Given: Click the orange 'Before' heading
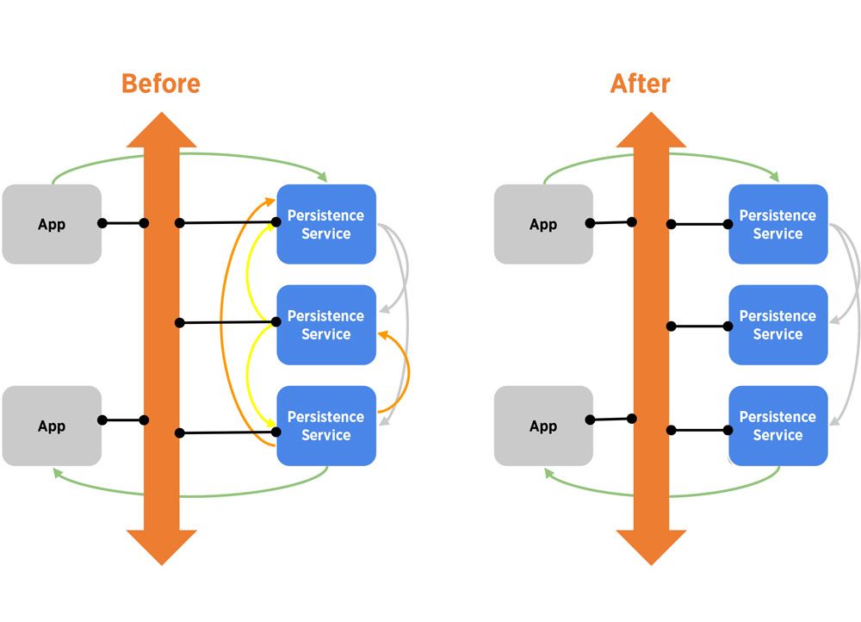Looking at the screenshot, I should click(x=161, y=84).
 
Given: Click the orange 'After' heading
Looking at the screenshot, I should click(x=640, y=84).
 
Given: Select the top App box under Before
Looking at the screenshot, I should click(x=52, y=224).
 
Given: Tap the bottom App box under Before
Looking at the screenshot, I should click(x=52, y=426).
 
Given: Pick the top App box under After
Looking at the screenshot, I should click(x=543, y=224).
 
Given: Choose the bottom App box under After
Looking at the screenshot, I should click(x=543, y=426).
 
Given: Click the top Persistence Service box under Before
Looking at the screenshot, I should click(x=326, y=224).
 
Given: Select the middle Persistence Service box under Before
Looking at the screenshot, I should click(x=326, y=325).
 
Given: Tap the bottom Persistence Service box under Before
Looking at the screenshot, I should click(x=326, y=426).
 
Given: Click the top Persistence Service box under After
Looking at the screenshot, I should click(x=777, y=224).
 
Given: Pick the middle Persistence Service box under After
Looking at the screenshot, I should click(x=777, y=325).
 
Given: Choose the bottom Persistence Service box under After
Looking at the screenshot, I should click(x=777, y=426).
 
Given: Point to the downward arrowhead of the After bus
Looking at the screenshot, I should click(x=651, y=546).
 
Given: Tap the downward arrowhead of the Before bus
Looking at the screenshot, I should click(x=162, y=546).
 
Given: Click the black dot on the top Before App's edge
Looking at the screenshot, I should click(x=102, y=224).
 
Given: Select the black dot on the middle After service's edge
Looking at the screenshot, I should click(x=729, y=326).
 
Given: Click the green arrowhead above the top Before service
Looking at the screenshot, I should click(x=323, y=177).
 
